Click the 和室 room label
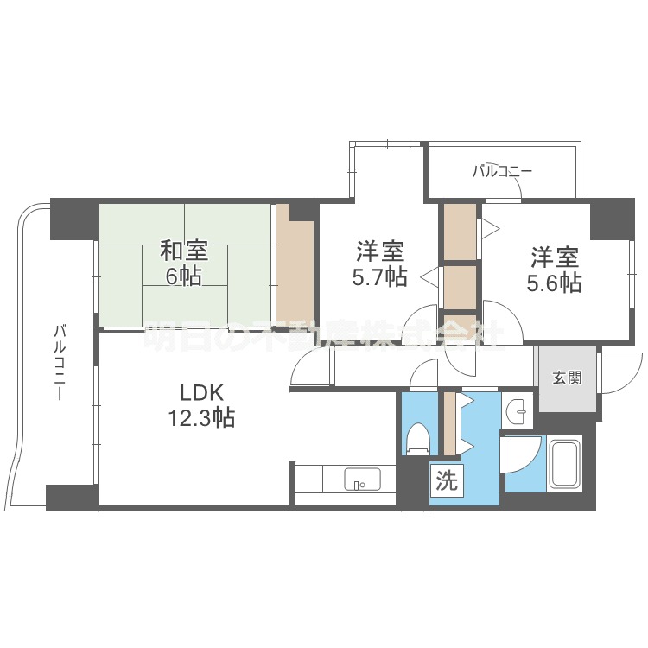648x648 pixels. click(183, 252)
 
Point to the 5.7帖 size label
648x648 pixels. click(381, 277)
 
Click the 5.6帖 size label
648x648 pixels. click(554, 283)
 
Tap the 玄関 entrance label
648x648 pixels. click(567, 378)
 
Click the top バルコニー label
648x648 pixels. click(501, 172)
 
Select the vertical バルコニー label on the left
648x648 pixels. click(60, 361)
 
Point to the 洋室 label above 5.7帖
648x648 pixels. click(381, 252)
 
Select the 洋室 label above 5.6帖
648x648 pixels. click(554, 257)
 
